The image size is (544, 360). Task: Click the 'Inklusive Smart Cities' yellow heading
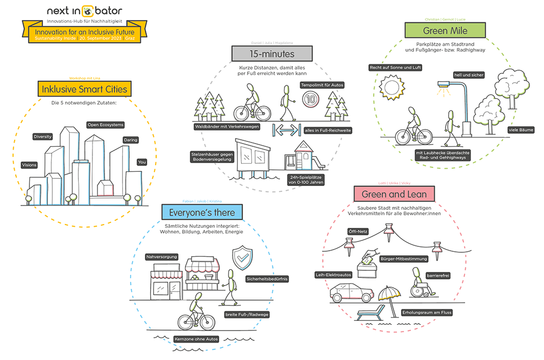[82, 89]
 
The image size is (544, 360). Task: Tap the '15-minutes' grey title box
[272, 53]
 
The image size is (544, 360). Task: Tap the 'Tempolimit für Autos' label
[322, 85]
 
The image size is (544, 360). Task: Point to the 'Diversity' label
[42, 136]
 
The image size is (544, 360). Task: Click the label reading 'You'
[142, 162]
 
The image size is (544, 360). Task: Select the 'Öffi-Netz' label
[358, 231]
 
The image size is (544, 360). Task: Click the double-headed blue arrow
[286, 131]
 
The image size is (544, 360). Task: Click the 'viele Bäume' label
[521, 130]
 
